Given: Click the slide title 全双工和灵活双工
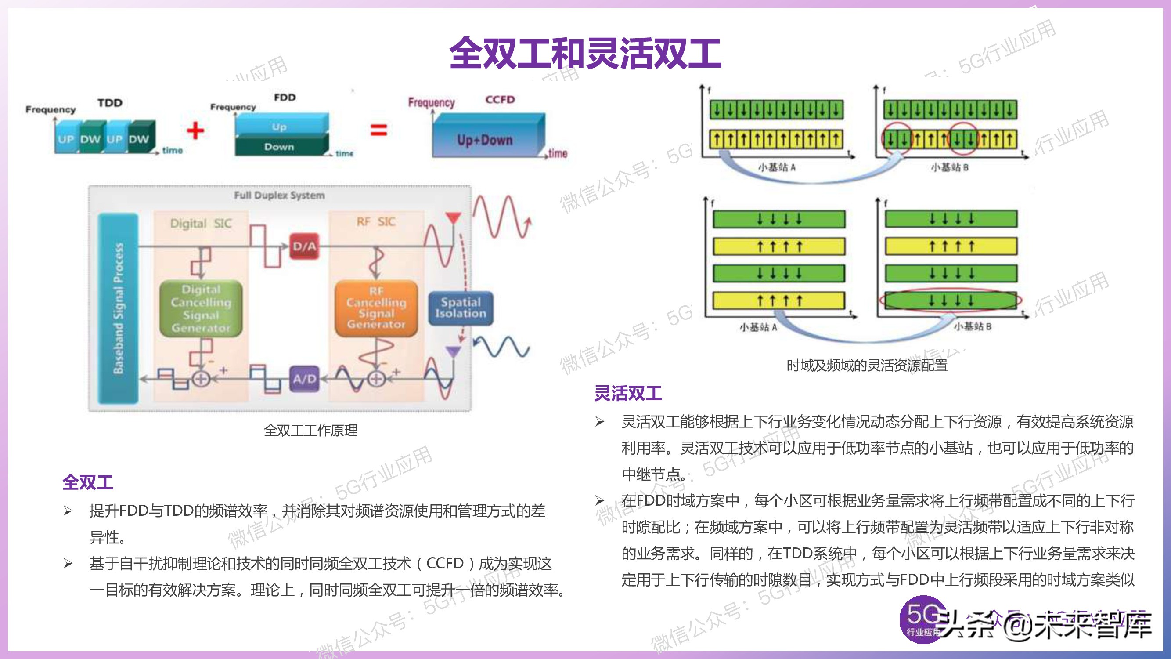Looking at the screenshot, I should [585, 54].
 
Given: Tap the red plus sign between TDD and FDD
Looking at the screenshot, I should [195, 131].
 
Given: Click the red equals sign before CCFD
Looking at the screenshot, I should [378, 130].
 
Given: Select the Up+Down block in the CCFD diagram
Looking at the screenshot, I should [485, 140].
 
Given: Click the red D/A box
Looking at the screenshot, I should [304, 246].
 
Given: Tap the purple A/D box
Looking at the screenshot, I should [304, 378].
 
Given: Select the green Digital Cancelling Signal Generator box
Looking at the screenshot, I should [201, 309].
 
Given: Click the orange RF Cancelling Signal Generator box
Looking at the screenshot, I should [376, 308].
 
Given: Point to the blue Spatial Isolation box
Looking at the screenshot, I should [461, 308].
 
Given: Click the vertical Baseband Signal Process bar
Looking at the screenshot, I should [118, 308].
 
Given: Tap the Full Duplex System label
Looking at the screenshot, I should [279, 196].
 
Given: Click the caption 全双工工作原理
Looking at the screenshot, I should [310, 430].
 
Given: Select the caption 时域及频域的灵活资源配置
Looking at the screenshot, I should [866, 366].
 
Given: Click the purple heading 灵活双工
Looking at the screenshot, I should [628, 393].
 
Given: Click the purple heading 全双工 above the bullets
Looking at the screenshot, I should [88, 482].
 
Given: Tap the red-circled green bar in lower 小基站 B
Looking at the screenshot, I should [951, 301].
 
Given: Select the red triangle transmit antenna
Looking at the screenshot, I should [453, 218].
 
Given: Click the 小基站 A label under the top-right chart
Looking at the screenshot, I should [776, 167].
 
